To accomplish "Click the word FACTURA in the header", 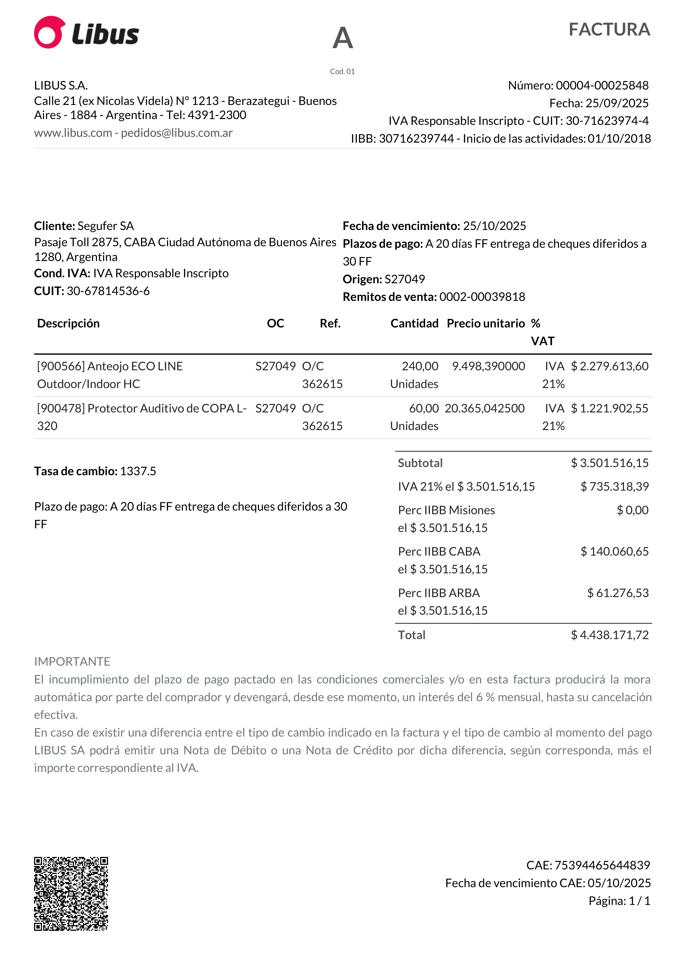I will pyautogui.click(x=609, y=30).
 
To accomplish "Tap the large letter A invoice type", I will pyautogui.click(x=343, y=38).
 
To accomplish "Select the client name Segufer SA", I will pyautogui.click(x=106, y=226).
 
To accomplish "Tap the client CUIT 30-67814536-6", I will pyautogui.click(x=108, y=291).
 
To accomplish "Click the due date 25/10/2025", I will pyautogui.click(x=494, y=226).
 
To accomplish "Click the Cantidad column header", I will pyautogui.click(x=414, y=323).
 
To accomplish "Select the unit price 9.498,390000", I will pyautogui.click(x=488, y=366).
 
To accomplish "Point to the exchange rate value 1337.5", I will pyautogui.click(x=138, y=471).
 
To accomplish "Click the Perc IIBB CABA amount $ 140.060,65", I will pyautogui.click(x=614, y=551).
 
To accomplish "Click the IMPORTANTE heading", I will pyautogui.click(x=72, y=662).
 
